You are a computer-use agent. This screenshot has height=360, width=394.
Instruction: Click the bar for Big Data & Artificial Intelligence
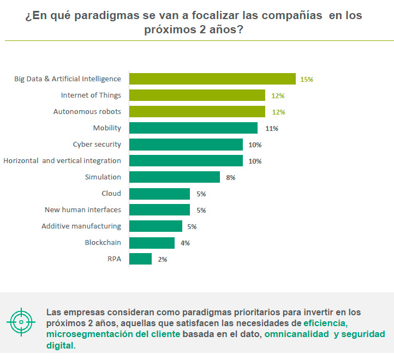(212, 79)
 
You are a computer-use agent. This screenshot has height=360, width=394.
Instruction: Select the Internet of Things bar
(197, 95)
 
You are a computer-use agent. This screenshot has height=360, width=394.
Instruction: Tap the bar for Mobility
(193, 128)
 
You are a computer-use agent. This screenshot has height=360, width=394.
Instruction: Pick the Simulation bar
(175, 177)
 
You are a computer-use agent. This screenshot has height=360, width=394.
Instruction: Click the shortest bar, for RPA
(140, 259)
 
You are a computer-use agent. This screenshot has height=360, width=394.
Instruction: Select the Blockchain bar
(152, 243)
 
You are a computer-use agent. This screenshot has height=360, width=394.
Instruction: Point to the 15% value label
(306, 80)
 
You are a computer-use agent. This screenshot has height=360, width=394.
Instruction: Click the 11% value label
(272, 129)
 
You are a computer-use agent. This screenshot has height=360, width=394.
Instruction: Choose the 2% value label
(163, 260)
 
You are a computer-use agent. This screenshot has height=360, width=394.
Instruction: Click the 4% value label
(185, 243)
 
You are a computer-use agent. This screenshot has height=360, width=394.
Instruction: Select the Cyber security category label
(97, 145)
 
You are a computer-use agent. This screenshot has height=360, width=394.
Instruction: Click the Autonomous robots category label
(87, 112)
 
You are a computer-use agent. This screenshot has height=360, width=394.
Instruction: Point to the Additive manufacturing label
(81, 226)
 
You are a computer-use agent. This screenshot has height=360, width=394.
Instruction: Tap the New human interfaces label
(82, 210)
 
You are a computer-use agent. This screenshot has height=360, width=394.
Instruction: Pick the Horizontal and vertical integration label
(62, 161)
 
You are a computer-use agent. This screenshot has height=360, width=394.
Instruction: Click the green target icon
(21, 322)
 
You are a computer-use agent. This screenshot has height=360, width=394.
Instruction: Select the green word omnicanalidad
(297, 334)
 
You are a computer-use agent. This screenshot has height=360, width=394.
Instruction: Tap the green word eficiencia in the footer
(325, 323)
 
